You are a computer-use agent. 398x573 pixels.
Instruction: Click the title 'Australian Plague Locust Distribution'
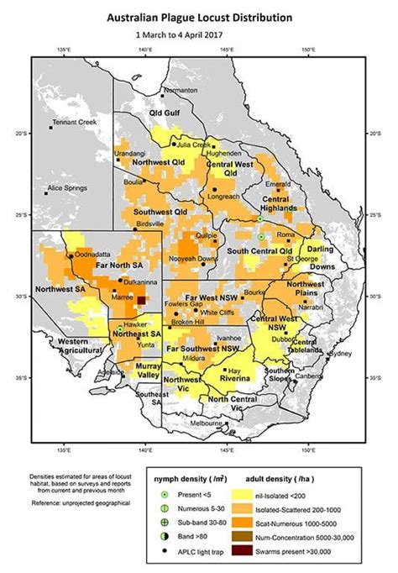click(x=199, y=17)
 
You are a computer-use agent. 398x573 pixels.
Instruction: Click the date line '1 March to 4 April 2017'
click(x=199, y=36)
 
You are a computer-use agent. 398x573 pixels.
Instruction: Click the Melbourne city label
click(x=206, y=424)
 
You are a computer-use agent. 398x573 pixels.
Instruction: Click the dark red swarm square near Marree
click(x=141, y=300)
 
